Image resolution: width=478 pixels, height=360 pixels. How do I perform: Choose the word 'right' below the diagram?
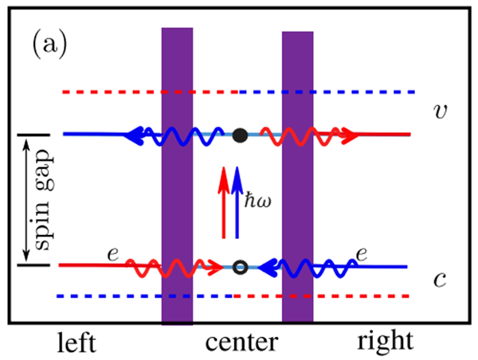pos(385,342)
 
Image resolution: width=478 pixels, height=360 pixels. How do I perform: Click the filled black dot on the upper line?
pos(239,135)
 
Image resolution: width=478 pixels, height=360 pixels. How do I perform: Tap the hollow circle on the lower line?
pos(239,266)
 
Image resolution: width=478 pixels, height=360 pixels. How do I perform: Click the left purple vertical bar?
pos(177,175)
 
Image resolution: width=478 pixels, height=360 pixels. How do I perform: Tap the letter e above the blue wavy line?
pos(362,253)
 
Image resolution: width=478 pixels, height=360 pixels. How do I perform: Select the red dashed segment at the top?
pos(151,92)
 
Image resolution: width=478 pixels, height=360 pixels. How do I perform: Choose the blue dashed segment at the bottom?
pos(143,296)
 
